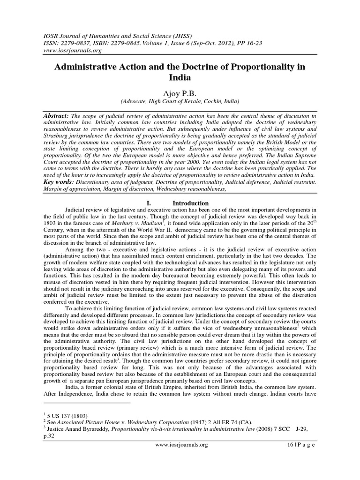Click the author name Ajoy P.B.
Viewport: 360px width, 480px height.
coord(180,92)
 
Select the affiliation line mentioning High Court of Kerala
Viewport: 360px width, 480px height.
coord(180,101)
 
